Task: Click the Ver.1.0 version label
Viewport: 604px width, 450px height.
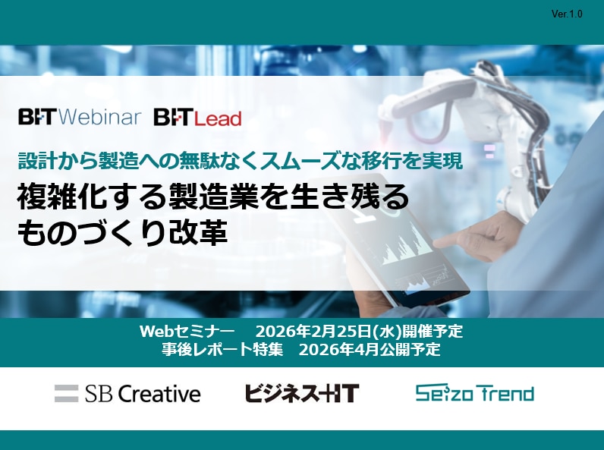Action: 567,14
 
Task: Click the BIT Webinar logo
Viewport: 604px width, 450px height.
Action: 80,117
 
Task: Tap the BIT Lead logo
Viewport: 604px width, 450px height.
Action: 197,118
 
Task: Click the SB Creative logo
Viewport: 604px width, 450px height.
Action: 127,393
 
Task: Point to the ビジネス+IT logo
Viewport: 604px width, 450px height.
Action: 302,393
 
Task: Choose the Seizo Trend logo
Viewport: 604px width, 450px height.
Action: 474,393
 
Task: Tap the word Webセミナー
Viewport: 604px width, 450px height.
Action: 187,331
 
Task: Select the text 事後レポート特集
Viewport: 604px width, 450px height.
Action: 222,349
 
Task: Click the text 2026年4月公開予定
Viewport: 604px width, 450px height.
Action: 370,349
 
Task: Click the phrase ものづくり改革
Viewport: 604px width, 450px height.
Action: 122,232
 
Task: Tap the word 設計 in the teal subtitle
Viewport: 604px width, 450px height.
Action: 32,160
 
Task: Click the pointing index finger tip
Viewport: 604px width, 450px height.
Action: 438,244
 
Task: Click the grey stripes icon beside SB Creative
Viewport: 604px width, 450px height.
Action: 66,393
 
